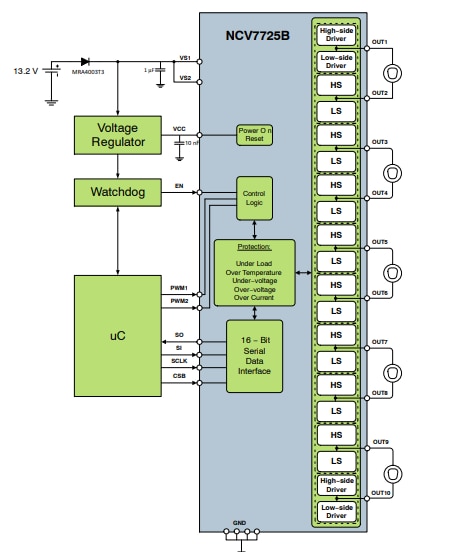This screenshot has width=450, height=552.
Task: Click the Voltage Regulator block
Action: click(x=117, y=135)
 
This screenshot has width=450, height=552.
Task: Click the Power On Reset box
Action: click(x=254, y=135)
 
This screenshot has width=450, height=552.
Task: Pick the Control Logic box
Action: click(x=254, y=196)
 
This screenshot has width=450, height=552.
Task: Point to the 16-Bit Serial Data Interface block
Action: click(x=254, y=356)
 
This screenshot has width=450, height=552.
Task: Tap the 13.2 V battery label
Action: click(x=25, y=72)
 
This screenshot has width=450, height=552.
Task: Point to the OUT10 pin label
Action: click(x=381, y=492)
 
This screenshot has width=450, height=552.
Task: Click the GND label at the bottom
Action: click(x=239, y=523)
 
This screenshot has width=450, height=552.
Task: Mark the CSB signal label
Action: click(x=179, y=376)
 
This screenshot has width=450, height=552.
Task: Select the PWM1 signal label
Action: click(x=180, y=287)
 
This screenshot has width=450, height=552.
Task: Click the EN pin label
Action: click(x=179, y=185)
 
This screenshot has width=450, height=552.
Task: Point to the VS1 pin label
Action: click(x=184, y=57)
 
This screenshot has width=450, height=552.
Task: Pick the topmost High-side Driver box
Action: click(x=336, y=35)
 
